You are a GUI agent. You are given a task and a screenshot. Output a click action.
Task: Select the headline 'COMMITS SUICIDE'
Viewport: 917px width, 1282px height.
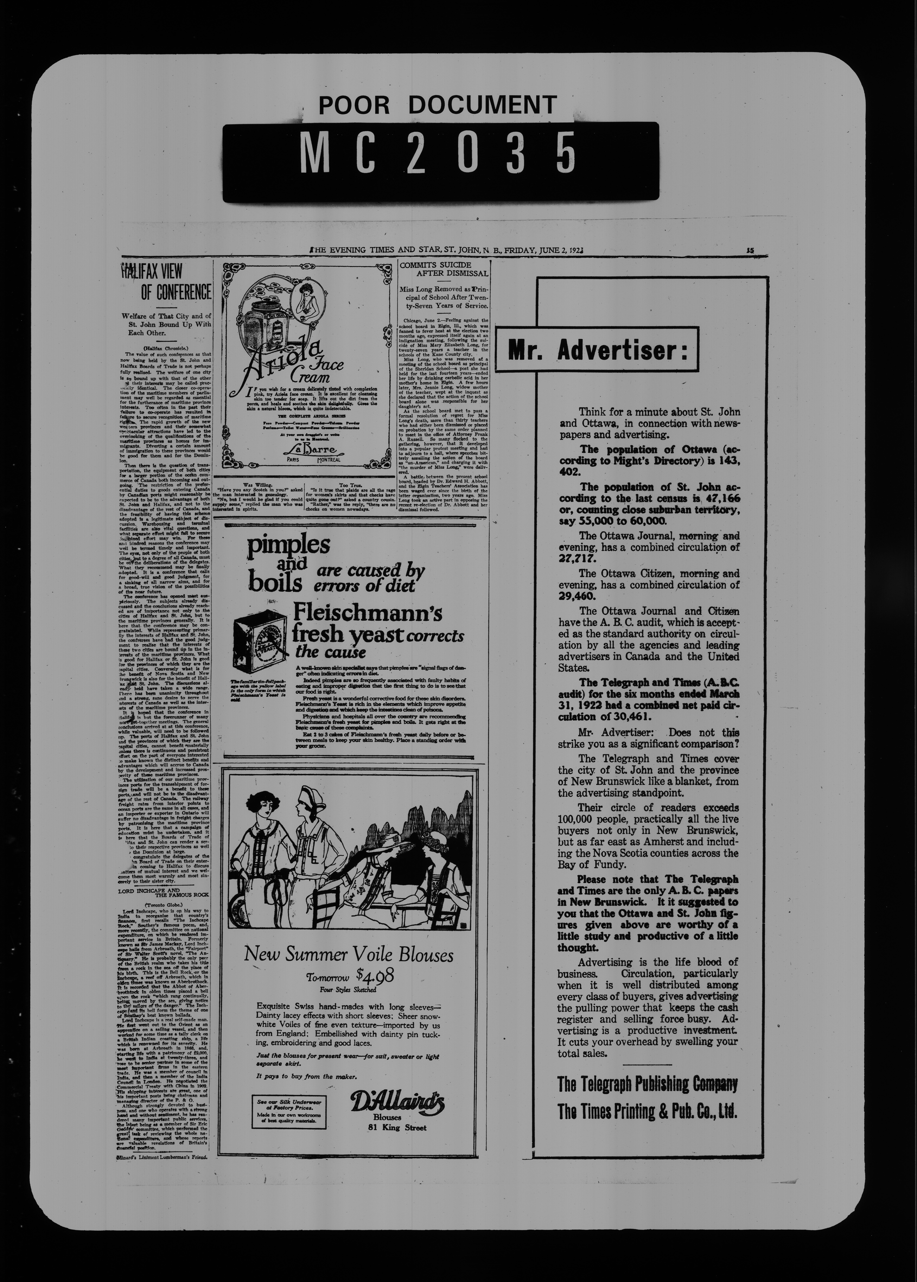pyautogui.click(x=435, y=265)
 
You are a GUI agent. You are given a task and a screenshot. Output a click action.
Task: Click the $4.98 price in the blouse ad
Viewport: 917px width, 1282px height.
pyautogui.click(x=375, y=975)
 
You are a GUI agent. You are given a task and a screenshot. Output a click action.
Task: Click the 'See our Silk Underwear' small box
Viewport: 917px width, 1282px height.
pyautogui.click(x=289, y=1112)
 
